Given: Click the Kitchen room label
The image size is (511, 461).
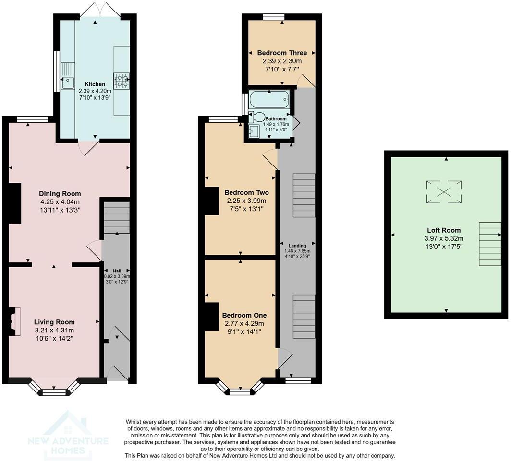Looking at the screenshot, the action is point(95,84).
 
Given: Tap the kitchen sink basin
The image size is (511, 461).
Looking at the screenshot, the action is point(68,83).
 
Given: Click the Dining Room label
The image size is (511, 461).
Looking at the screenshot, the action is point(60,194).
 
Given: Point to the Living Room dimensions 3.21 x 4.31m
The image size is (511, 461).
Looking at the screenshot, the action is point(54,330).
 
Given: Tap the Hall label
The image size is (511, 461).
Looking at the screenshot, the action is point(117,271).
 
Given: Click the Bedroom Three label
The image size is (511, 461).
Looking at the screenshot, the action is point(282,53).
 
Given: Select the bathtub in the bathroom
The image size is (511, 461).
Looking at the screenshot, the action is point(269,100).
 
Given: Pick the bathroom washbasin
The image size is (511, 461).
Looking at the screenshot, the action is point(254,131).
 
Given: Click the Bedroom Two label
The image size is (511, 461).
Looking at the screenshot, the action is point(247,192).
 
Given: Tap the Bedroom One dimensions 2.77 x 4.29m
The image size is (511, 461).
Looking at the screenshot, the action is point(244,324).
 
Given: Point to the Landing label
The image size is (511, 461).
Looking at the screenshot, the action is point(297,246).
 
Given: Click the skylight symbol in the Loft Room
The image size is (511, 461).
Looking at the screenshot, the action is point(444,192).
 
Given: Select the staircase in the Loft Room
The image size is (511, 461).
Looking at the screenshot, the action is point(490,244).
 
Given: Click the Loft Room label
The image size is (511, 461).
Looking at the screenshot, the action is point(444,230).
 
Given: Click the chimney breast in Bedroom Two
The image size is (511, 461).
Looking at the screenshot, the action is point(212,201).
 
